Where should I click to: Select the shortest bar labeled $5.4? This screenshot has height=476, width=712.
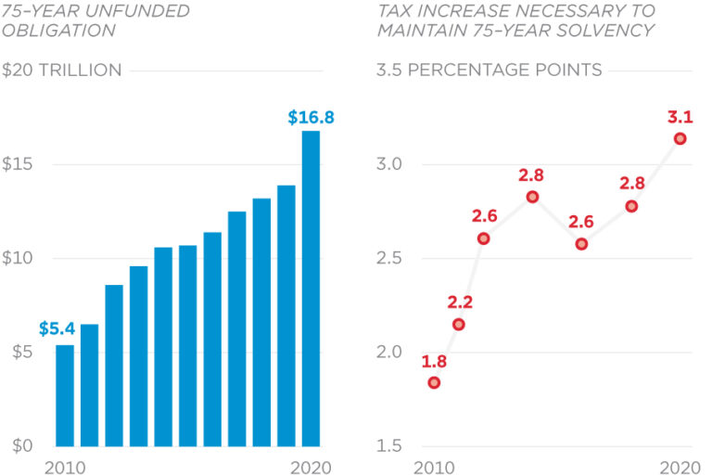click(65, 395)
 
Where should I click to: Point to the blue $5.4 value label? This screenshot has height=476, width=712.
click(56, 328)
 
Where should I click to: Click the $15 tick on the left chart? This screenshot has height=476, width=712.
click(19, 164)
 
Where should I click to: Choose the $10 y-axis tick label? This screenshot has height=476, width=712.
click(19, 258)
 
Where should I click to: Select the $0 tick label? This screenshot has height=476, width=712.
click(16, 445)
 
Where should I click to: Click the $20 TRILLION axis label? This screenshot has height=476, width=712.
click(62, 71)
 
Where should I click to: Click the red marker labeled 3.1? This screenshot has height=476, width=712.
click(680, 138)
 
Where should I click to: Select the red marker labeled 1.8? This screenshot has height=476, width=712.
click(434, 382)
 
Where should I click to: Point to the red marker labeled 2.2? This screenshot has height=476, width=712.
click(459, 324)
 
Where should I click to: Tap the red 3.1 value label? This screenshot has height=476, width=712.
click(680, 118)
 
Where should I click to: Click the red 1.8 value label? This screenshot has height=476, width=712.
click(434, 361)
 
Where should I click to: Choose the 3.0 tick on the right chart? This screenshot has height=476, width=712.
click(393, 164)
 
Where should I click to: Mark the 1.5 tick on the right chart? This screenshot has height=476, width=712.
click(393, 445)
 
